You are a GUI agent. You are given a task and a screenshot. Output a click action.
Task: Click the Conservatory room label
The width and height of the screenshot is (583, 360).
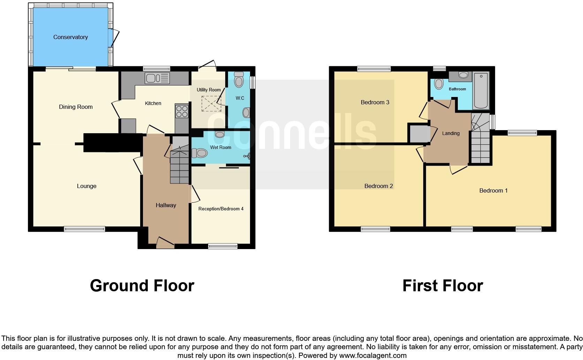70,37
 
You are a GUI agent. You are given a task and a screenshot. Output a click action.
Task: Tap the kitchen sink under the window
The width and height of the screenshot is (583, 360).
157,78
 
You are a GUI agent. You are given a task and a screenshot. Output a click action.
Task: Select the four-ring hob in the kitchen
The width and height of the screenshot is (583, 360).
182,111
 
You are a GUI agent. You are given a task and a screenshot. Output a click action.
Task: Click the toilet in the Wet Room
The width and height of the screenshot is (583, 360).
200,153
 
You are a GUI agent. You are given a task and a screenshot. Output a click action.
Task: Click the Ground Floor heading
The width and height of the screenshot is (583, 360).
142,286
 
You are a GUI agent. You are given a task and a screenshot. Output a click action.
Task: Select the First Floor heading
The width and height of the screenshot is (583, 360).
442,286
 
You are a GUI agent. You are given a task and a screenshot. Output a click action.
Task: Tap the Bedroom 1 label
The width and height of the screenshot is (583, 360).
493,190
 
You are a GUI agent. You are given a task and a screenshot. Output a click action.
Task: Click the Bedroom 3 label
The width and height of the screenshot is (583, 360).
375,102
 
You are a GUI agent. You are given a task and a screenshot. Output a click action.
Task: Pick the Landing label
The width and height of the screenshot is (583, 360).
450,133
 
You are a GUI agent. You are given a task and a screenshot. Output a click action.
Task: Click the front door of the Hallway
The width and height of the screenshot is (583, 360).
165,243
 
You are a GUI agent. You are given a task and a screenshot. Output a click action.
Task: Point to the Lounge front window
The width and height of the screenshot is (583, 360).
84,229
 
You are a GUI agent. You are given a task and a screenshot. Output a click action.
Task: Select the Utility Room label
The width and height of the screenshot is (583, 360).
209,90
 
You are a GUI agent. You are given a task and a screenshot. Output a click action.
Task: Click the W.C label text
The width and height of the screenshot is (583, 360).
240,98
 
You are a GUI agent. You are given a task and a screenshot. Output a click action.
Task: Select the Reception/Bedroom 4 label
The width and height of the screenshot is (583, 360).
221,209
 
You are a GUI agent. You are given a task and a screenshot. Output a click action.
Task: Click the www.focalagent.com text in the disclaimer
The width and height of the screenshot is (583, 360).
372,355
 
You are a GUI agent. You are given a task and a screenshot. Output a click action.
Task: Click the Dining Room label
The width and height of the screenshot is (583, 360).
76,107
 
